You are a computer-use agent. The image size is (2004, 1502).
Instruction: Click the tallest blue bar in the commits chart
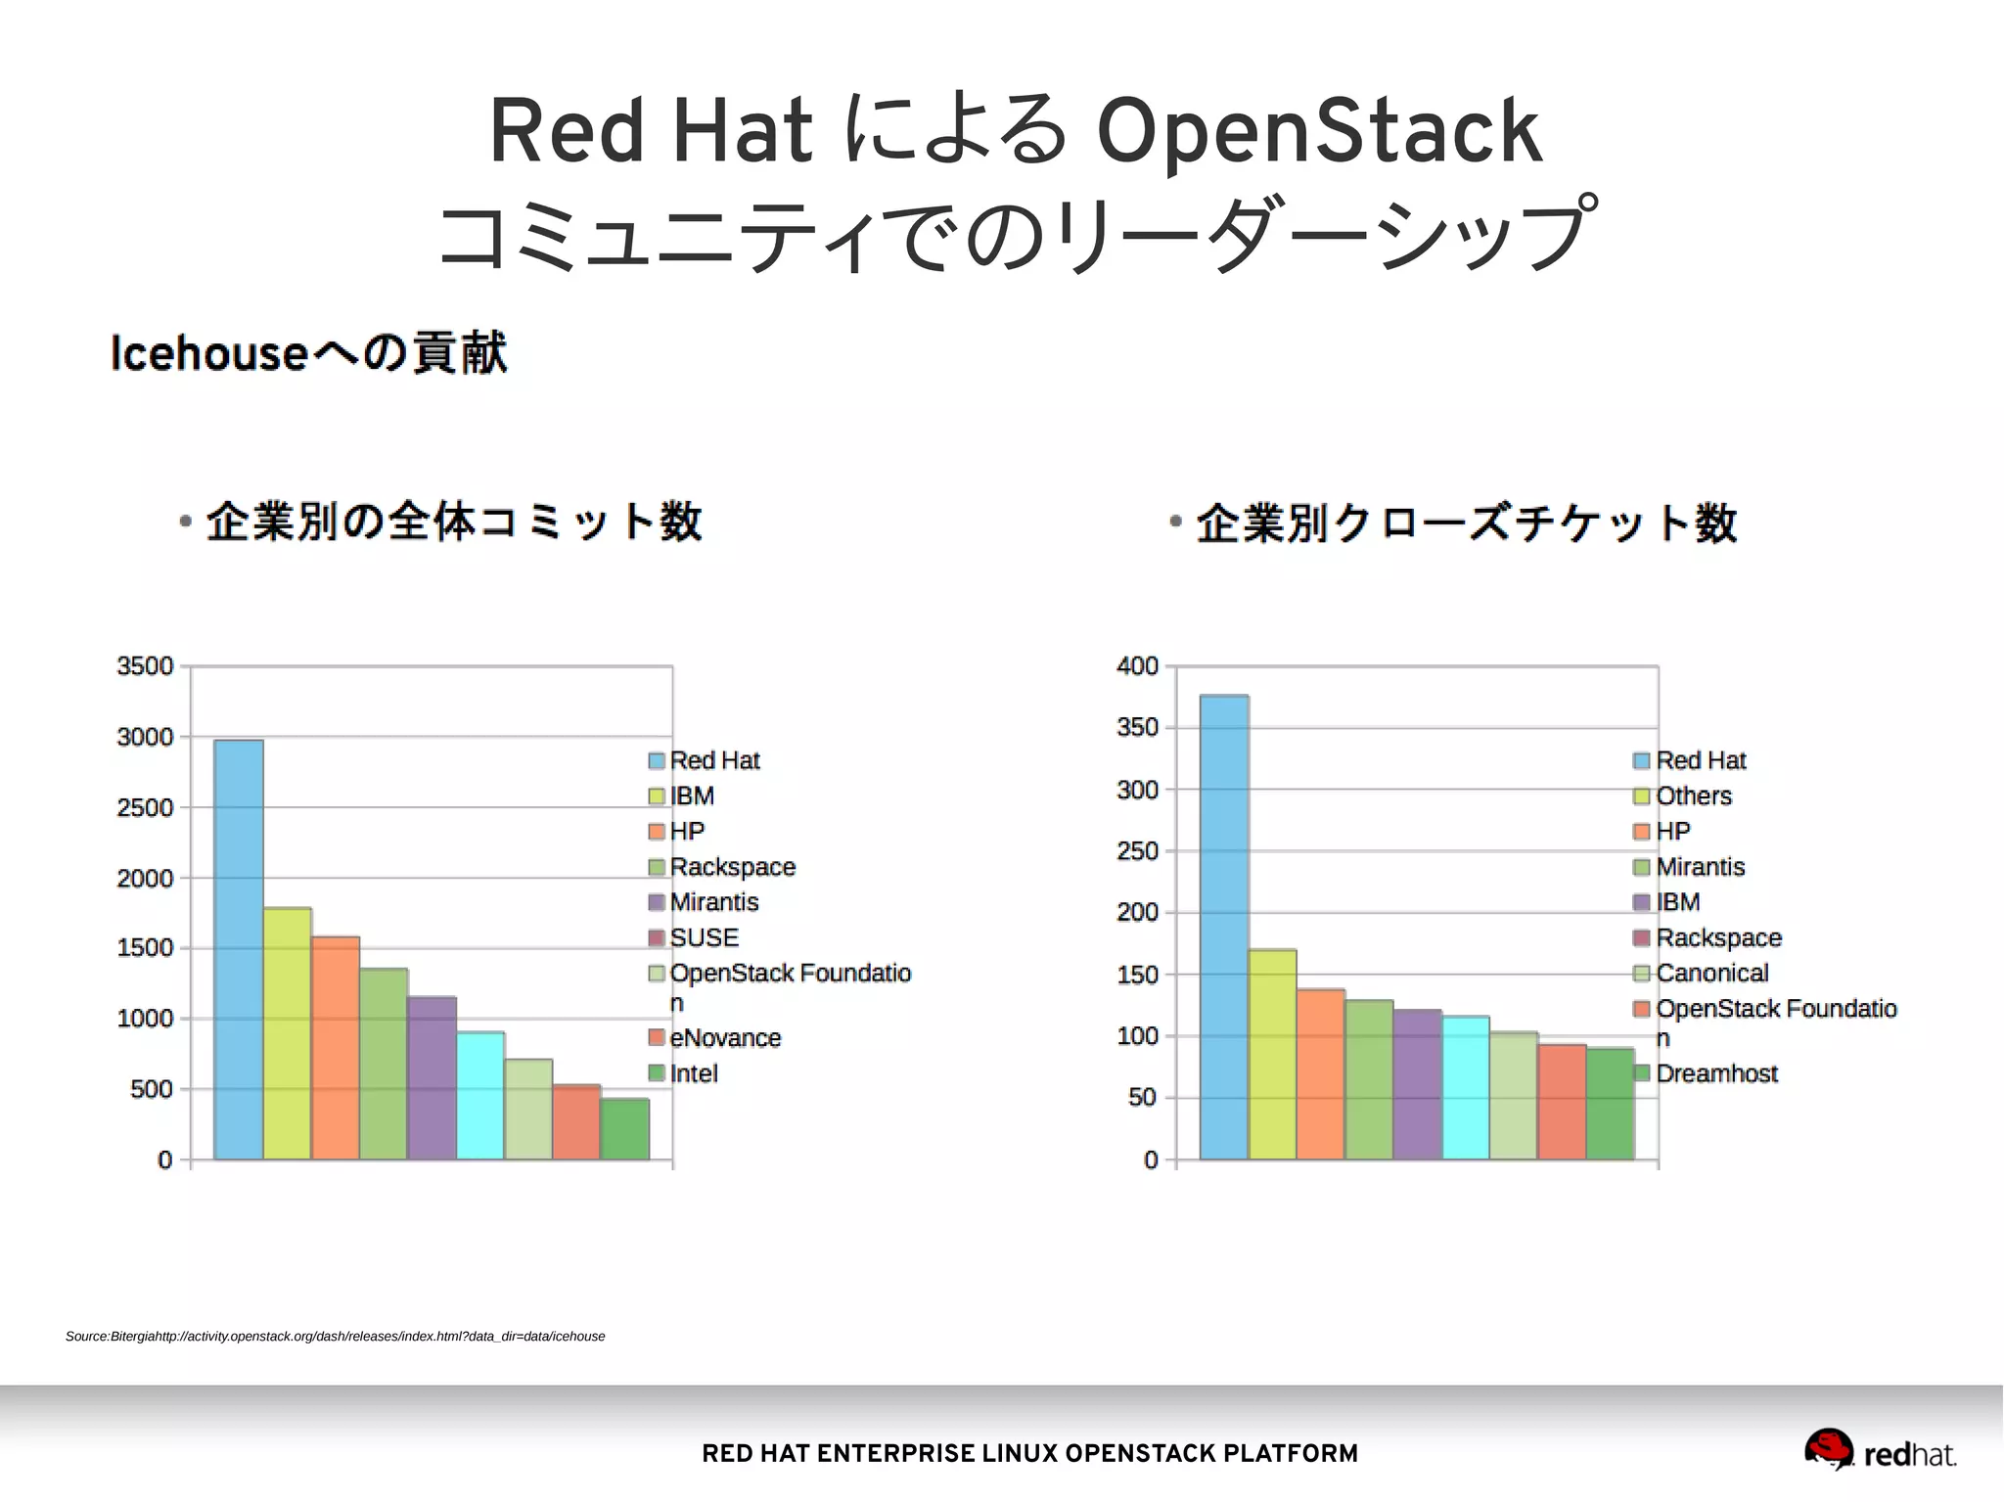coord(239,949)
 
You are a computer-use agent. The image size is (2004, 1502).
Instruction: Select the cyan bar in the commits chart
coord(480,1096)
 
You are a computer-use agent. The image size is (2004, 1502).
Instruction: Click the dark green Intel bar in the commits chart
coord(624,1129)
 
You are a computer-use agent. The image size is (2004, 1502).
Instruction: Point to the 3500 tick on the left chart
coord(145,666)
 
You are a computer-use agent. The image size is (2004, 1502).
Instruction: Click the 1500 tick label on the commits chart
coord(145,948)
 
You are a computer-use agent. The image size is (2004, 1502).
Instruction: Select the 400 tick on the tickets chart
coord(1137,666)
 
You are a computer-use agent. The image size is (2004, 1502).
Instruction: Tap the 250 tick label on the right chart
coord(1137,851)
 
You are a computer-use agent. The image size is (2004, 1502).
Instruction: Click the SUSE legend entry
coord(704,937)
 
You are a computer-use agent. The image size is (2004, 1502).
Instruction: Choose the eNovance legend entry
coord(724,1037)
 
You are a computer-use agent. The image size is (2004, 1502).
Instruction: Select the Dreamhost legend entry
coord(1715,1073)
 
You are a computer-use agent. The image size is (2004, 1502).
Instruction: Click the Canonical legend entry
coord(1711,973)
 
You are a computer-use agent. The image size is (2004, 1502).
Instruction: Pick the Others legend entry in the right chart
coord(1693,796)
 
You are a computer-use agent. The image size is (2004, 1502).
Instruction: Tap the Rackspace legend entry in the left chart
coord(732,867)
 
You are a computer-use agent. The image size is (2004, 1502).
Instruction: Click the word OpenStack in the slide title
coord(1318,130)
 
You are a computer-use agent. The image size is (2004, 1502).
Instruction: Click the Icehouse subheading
coord(309,353)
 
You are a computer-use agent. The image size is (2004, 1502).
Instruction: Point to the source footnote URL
coord(335,1337)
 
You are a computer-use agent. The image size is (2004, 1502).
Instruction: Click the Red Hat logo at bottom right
coord(1879,1450)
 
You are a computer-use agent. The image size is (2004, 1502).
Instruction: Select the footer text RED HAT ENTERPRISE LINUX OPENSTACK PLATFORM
coord(1029,1453)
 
